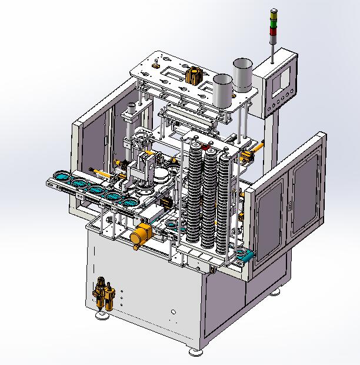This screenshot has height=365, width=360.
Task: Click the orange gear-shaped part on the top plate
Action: pos(191,76)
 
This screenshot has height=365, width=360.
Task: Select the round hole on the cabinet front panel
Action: pos(173,313)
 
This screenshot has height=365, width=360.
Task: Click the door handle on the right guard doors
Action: pos(289,204)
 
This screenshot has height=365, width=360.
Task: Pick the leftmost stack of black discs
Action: pos(194,194)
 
